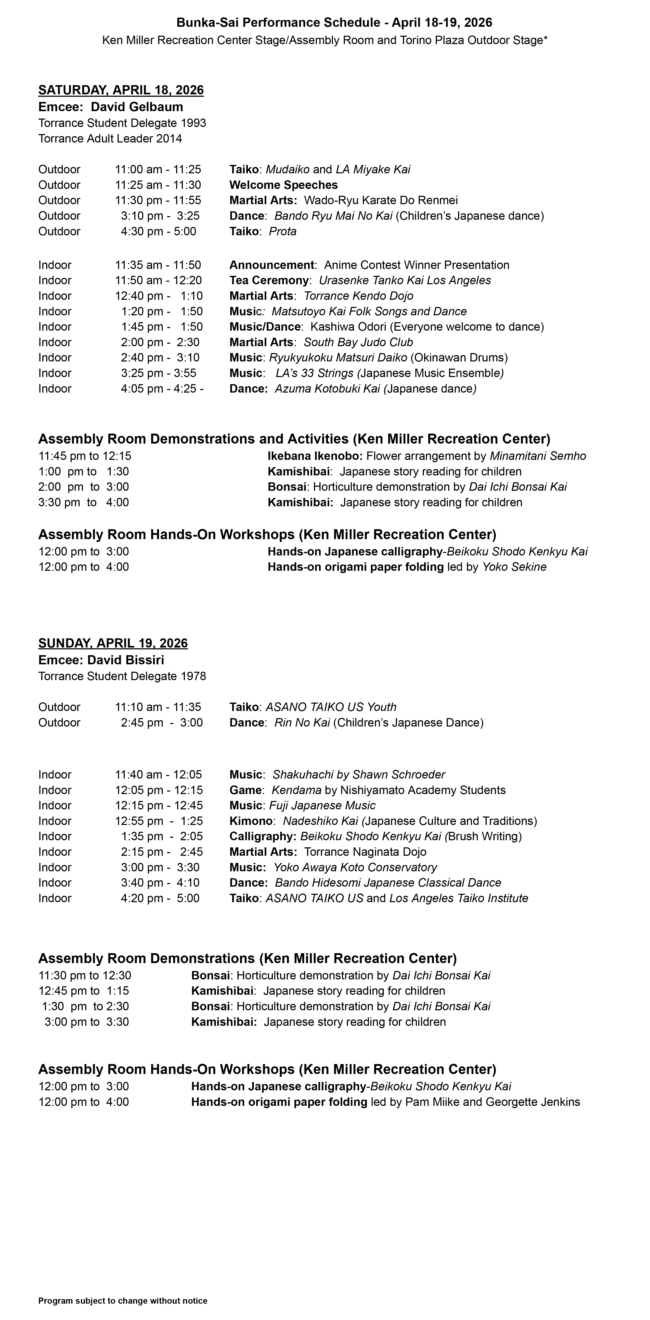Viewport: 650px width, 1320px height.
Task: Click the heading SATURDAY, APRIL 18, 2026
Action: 121,90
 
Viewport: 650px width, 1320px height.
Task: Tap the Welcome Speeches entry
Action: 283,185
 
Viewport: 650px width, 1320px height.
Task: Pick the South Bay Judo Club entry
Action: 358,342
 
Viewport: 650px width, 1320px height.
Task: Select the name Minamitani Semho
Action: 538,456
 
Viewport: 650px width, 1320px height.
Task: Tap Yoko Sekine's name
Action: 514,567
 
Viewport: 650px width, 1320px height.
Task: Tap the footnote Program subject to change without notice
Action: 123,1301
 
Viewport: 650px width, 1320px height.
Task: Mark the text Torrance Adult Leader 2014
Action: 110,138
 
